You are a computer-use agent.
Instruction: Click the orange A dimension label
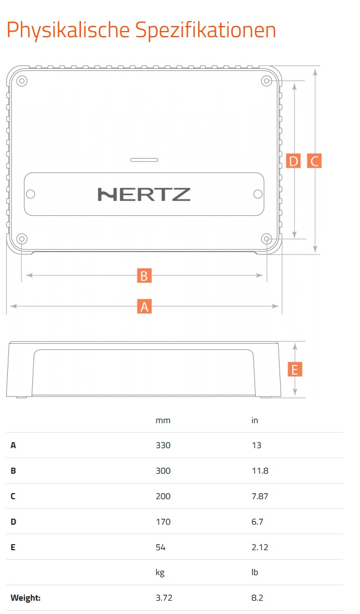pos(144,306)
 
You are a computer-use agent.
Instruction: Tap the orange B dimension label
pos(144,276)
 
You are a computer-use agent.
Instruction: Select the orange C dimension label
pos(315,161)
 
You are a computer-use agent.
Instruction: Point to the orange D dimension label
pos(293,161)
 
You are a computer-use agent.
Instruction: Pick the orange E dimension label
pos(295,369)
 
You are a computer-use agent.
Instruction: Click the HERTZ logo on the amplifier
pos(144,194)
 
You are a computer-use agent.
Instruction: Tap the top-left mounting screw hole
pos(22,81)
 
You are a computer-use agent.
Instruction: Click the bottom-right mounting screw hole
pos(266,239)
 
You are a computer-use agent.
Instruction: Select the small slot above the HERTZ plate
pos(144,160)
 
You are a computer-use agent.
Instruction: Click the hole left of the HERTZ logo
pos(30,194)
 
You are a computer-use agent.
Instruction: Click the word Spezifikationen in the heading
pos(206,31)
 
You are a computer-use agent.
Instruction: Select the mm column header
pos(163,420)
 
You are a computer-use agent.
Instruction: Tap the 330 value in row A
pos(163,445)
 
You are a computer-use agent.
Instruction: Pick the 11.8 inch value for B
pos(260,471)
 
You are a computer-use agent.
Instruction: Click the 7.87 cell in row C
pos(260,496)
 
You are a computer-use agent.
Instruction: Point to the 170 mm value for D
pos(163,521)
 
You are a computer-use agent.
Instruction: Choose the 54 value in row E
pos(161,547)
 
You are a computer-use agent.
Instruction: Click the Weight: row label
pos(26,598)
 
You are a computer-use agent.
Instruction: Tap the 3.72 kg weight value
pos(164,598)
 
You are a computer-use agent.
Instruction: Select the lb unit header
pos(255,572)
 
